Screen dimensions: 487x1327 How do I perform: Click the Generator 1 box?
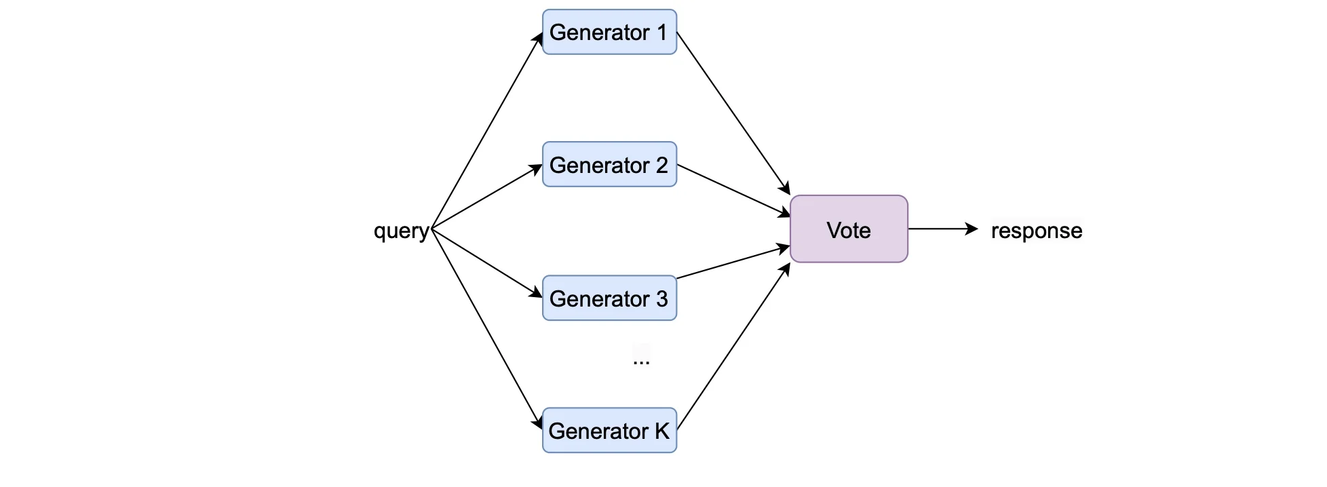[x=609, y=32]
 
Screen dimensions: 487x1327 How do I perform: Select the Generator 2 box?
[x=609, y=164]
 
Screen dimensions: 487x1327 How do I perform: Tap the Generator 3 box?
[x=609, y=298]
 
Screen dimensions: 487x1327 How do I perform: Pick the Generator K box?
[x=609, y=430]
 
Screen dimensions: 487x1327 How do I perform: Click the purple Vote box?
[x=848, y=229]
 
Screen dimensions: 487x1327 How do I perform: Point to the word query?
[x=401, y=231]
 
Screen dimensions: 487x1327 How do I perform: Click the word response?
[x=1036, y=231]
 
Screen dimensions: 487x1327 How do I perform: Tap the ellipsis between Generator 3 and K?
[x=640, y=360]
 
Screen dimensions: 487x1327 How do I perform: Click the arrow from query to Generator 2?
[x=487, y=196]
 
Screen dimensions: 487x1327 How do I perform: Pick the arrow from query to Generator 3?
[x=487, y=262]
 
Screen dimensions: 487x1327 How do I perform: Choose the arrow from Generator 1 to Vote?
[x=733, y=113]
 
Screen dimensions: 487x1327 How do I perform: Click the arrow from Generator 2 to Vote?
[x=733, y=190]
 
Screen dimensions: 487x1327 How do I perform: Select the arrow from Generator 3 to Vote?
[x=733, y=262]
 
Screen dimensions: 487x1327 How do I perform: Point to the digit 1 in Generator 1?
[x=661, y=32]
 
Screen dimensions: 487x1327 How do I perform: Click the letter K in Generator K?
[x=661, y=431]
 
